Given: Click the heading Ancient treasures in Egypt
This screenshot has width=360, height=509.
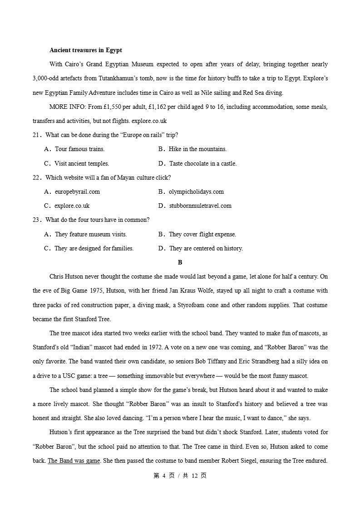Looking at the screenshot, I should [x=85, y=50].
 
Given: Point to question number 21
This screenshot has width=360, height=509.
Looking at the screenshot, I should [x=37, y=135].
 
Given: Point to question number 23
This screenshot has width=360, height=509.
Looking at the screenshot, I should [x=37, y=220].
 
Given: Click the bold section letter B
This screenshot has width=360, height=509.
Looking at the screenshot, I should [x=180, y=263].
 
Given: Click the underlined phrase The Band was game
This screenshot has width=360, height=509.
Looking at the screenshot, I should [x=74, y=461].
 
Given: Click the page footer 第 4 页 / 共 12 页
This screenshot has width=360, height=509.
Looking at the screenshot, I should [x=180, y=476].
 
